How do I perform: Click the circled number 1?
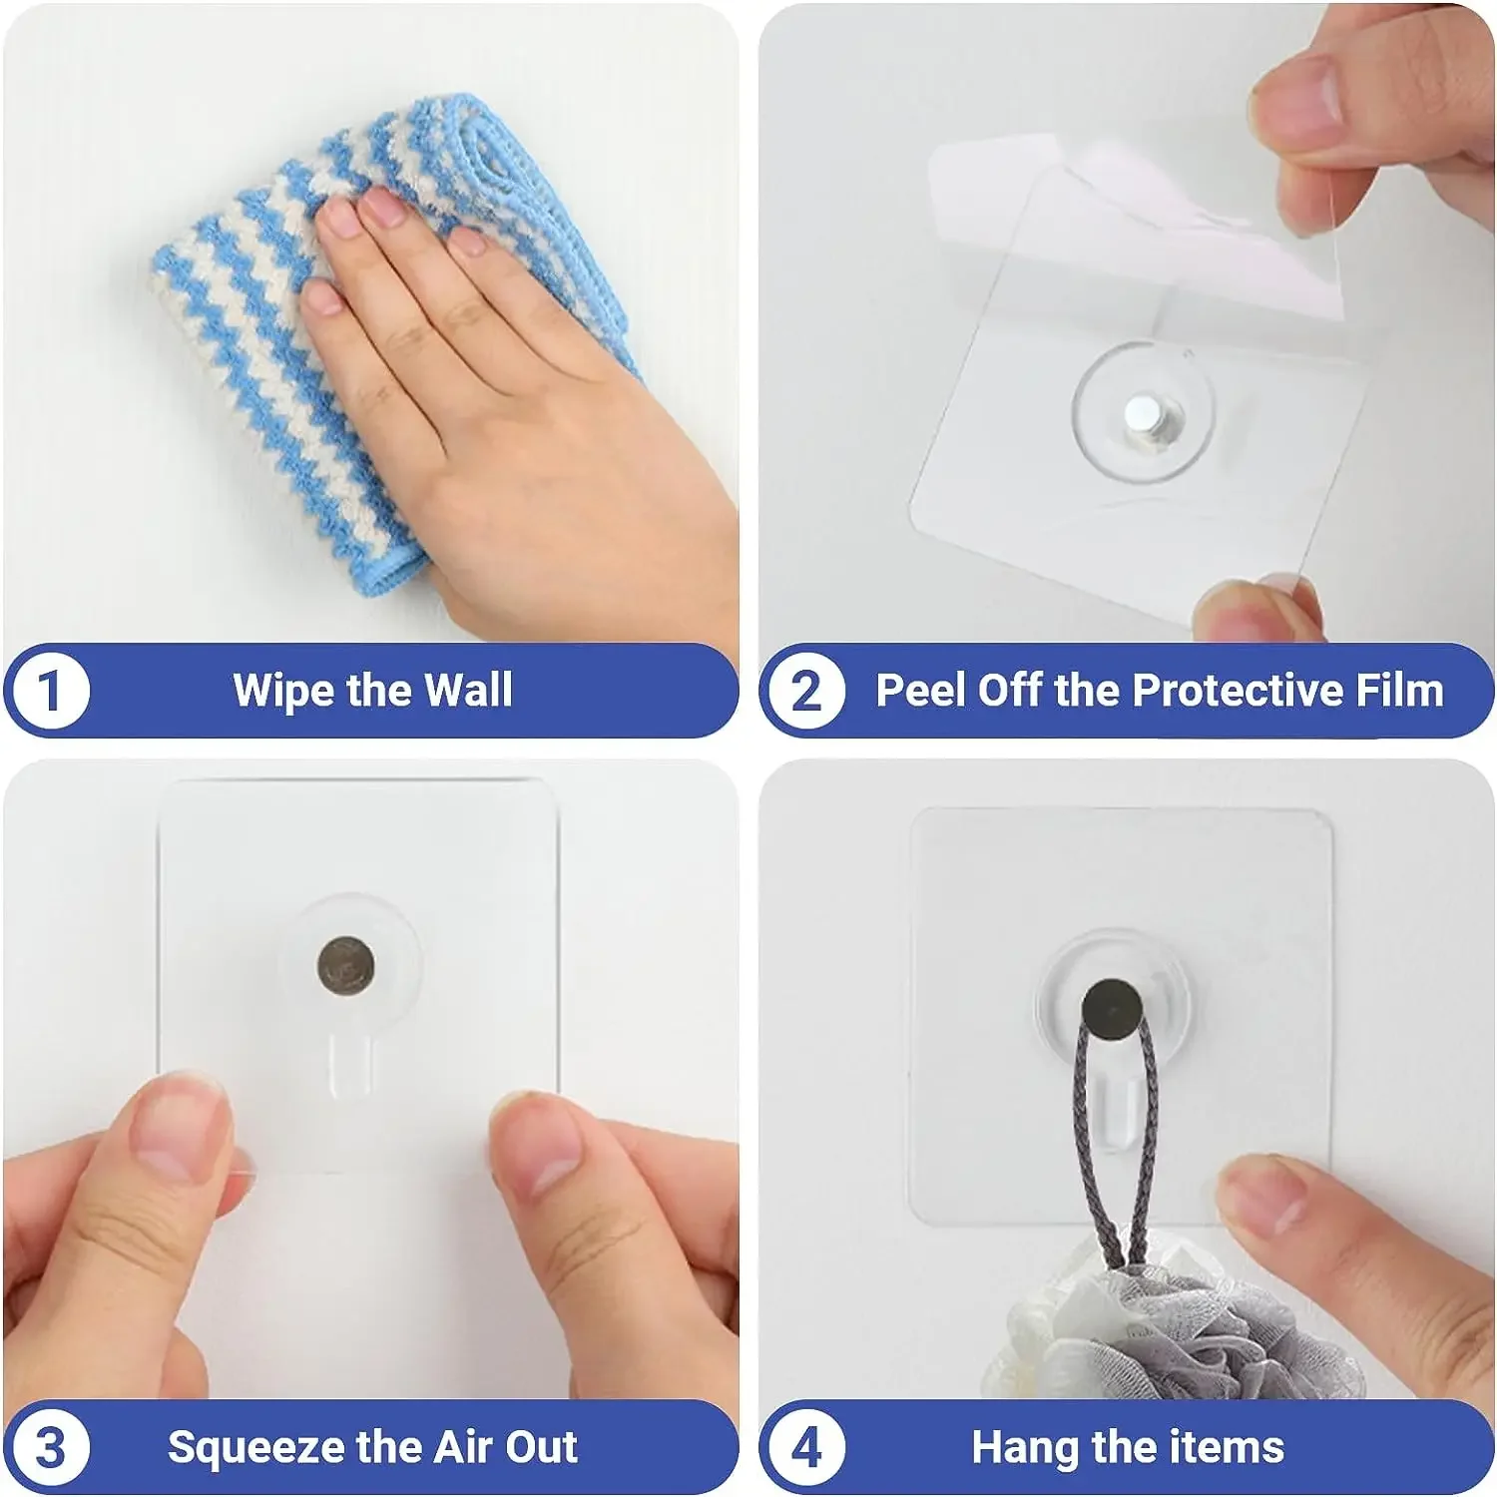point(49,691)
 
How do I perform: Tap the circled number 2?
point(805,691)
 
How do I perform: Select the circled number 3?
point(49,1447)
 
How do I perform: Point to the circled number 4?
point(805,1447)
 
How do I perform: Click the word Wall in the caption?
point(468,691)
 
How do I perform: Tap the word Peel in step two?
point(920,691)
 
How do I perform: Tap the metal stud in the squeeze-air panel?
point(346,965)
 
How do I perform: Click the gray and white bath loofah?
point(1178,1337)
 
